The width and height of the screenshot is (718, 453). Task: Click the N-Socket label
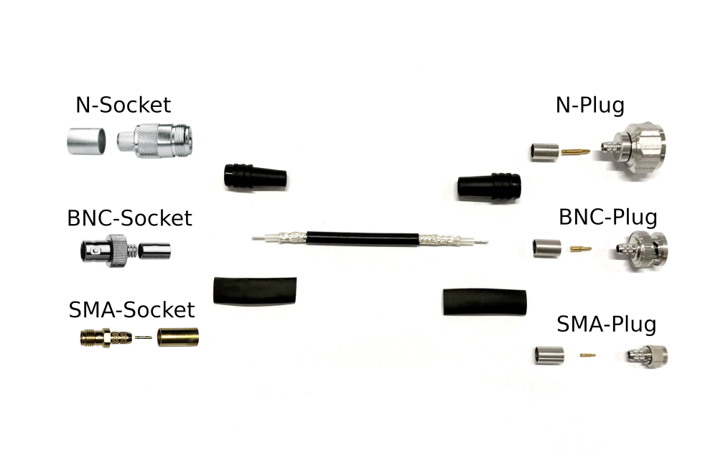point(123,105)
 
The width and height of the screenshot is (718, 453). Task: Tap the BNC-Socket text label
point(129,218)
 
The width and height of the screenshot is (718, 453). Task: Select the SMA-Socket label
point(131,309)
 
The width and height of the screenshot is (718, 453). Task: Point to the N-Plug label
point(590,105)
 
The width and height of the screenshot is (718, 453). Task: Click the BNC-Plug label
point(608,216)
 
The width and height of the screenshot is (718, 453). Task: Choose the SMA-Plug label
point(606,324)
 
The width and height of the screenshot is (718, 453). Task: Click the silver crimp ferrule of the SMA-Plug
point(549,354)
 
